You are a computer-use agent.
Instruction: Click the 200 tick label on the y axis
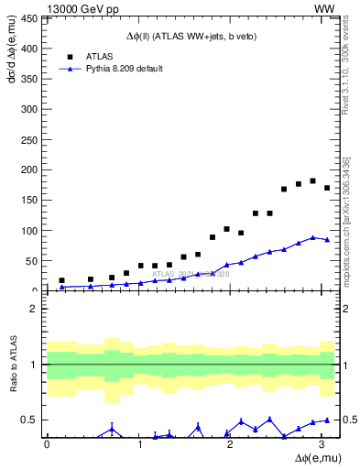[x=32, y=170]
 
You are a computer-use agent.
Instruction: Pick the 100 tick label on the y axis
[x=32, y=231]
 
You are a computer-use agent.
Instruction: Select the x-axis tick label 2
[x=231, y=444]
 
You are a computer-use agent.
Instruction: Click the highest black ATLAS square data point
[x=313, y=180]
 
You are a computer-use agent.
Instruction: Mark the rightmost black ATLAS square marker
[x=327, y=188]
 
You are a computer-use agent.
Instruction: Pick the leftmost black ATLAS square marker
[x=61, y=280]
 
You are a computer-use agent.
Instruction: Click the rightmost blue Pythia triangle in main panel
[x=327, y=240]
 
